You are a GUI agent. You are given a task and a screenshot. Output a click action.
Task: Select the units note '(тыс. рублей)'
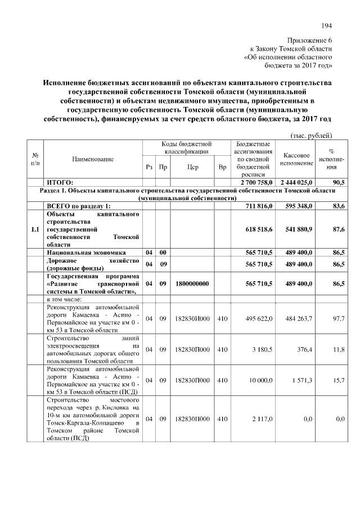click(311, 135)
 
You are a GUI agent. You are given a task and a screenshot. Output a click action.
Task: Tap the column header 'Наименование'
click(93, 160)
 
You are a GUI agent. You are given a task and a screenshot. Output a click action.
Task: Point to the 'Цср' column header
click(192, 167)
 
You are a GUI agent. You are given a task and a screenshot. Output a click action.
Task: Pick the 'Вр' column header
click(222, 167)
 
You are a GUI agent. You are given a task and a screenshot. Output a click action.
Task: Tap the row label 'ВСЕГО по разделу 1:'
click(79, 206)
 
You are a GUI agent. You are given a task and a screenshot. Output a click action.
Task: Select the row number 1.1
click(35, 229)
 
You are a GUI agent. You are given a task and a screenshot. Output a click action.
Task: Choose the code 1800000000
click(192, 284)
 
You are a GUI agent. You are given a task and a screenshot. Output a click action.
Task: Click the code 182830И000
click(192, 319)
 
